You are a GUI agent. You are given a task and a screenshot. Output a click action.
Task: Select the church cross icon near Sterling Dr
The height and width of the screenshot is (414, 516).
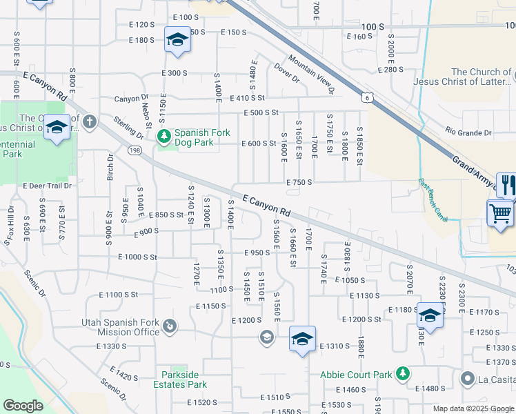pos(89,122)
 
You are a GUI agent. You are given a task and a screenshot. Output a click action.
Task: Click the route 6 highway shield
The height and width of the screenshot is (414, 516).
pos(370,99)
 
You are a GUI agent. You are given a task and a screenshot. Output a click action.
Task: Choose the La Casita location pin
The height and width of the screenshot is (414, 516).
pos(468,378)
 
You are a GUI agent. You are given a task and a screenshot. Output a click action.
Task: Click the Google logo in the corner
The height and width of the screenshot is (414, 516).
pos(23,406)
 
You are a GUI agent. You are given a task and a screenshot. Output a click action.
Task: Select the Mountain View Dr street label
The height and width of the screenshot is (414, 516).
pos(311,75)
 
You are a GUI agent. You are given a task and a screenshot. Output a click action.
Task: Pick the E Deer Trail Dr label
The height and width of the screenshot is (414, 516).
pos(48,186)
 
